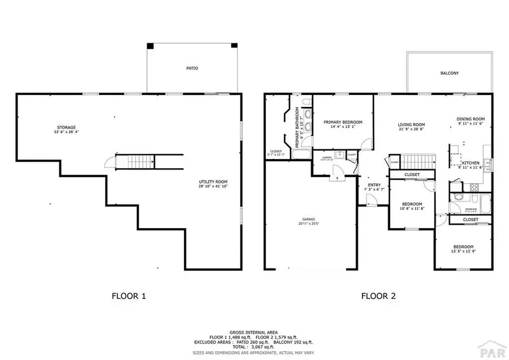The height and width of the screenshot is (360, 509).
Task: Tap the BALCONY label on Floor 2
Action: tap(450, 74)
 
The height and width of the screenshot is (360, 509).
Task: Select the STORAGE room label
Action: tap(66, 127)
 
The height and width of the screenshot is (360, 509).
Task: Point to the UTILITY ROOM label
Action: tap(209, 182)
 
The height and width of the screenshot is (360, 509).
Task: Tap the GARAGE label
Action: tap(308, 219)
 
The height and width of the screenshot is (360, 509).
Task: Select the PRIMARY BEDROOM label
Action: tap(343, 122)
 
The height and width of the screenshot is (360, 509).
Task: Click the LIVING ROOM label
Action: tap(411, 125)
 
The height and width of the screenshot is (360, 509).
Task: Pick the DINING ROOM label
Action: tap(471, 119)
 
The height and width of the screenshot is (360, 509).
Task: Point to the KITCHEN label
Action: tap(471, 162)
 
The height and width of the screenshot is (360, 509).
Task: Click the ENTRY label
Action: tap(374, 185)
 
